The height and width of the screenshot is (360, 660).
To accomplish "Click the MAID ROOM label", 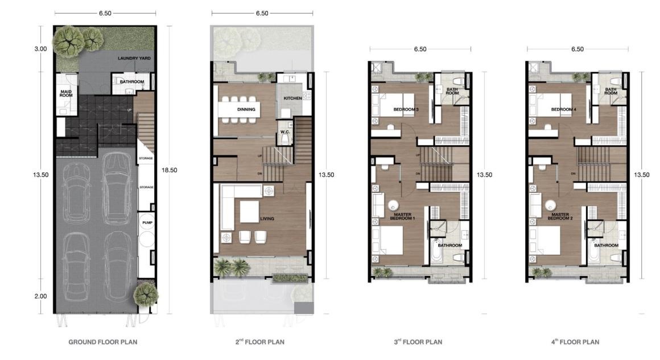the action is click(66, 93).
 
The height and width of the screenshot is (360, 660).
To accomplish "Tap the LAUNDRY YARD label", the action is click(134, 59).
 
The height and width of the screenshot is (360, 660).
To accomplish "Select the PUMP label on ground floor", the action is click(147, 222).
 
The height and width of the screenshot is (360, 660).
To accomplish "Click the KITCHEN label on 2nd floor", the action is click(292, 98).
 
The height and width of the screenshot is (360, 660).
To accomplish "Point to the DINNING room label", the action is click(246, 109).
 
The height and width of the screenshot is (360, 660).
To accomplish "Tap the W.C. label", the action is click(285, 132).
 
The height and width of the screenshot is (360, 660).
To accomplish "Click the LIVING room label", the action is click(267, 219).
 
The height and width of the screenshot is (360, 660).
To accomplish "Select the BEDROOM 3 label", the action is click(406, 109).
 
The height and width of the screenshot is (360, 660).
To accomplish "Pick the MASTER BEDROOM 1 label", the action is click(402, 217).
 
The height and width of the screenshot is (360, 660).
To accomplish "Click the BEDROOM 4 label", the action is click(564, 109).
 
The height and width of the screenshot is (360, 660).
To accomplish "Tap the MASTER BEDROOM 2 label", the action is click(560, 217).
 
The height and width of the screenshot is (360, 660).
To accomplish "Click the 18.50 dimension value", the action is click(169, 170).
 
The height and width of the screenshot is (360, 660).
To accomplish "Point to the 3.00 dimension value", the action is click(40, 49).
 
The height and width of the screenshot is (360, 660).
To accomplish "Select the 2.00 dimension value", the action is click(40, 296).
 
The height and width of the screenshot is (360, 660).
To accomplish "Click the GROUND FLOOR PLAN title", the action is click(103, 342).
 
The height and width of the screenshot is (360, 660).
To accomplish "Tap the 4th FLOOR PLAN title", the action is click(575, 342).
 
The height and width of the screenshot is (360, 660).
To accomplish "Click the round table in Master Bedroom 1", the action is click(394, 206).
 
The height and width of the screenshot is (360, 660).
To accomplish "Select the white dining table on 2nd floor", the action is click(239, 109).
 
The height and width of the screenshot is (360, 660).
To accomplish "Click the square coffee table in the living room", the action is click(250, 212).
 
